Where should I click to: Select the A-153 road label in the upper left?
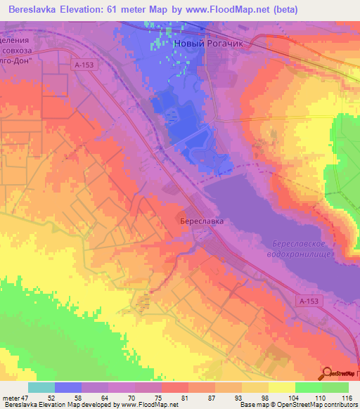[x=83, y=64]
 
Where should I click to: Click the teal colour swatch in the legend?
[x=41, y=387]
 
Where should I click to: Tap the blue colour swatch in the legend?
[x=68, y=387]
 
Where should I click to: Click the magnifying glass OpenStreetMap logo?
[x=328, y=372]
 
